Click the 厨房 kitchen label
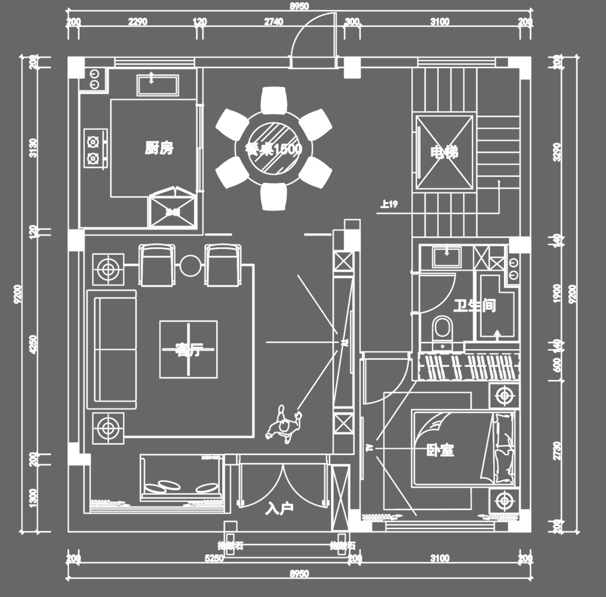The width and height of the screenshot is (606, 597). pyautogui.click(x=159, y=148)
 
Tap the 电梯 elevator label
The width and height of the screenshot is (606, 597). pyautogui.click(x=444, y=152)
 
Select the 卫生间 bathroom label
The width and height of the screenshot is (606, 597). pyautogui.click(x=475, y=306)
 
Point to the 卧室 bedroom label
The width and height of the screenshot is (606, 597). pyautogui.click(x=440, y=450)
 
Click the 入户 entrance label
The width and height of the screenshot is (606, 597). pyautogui.click(x=279, y=509)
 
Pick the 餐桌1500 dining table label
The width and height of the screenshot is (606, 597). pyautogui.click(x=274, y=149)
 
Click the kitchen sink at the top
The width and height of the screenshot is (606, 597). pyautogui.click(x=158, y=85)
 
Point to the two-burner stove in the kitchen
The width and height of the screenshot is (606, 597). pyautogui.click(x=95, y=149)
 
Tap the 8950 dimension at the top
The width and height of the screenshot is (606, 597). pyautogui.click(x=299, y=6)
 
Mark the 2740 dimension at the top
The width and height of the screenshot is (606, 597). pyautogui.click(x=274, y=22)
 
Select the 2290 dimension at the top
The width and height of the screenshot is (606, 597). pyautogui.click(x=137, y=22)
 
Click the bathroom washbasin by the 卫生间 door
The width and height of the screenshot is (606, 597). pyautogui.click(x=447, y=256)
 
